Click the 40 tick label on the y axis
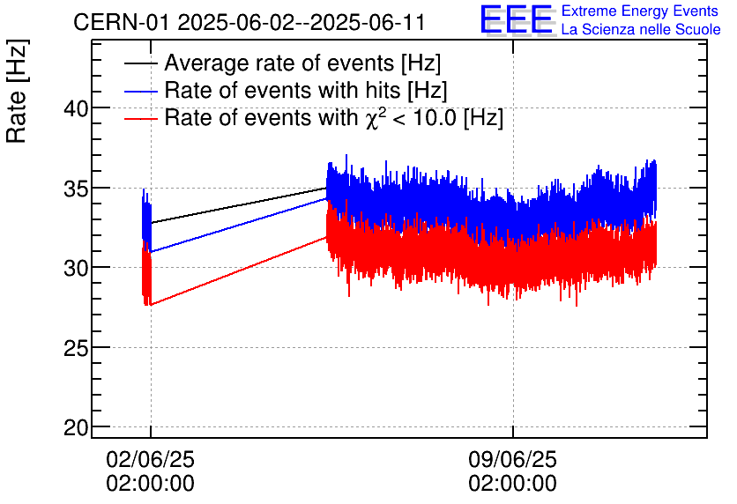pos(76,108)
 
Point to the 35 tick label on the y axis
pos(76,189)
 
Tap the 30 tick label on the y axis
pos(76,268)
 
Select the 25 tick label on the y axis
pos(76,348)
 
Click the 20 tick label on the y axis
pos(76,427)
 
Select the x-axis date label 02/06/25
pos(150,459)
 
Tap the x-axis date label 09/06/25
pos(512,459)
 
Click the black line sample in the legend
pos(141,64)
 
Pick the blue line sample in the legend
pos(141,91)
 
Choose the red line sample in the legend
pos(141,118)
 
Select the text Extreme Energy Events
pos(641,11)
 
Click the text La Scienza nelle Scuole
pos(641,30)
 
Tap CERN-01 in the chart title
pos(122,22)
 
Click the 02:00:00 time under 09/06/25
pos(512,484)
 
